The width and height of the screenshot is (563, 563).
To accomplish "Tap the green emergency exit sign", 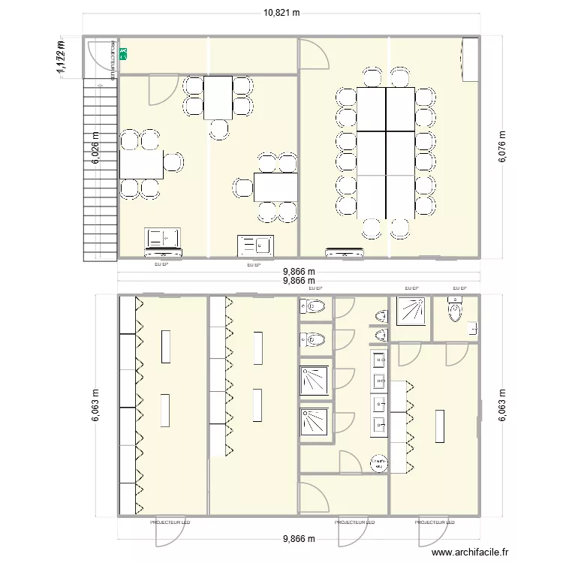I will pos(123,54).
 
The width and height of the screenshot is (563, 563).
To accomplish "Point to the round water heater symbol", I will pos(379,464).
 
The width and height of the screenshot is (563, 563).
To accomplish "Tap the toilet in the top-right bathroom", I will pos(455,309).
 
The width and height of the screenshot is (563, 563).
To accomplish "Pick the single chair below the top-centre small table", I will pos(220,129).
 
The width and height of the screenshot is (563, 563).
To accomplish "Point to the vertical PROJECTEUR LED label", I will pos(113,60).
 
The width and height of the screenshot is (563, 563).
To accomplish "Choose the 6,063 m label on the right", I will pos(501,405).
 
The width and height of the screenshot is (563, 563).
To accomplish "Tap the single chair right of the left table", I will pos(174,161).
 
